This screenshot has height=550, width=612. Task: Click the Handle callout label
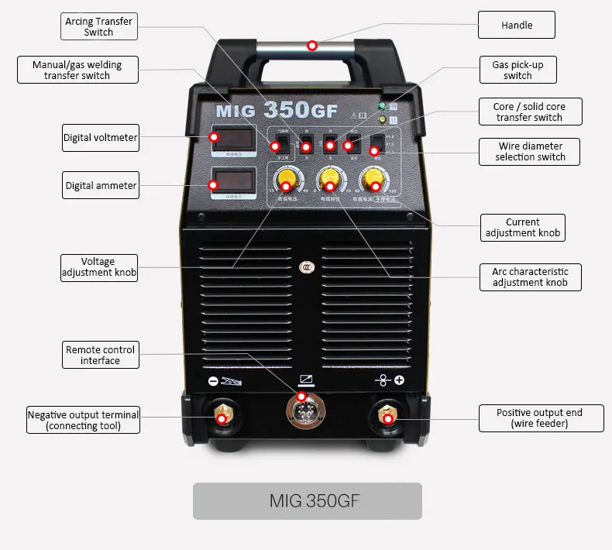(517, 26)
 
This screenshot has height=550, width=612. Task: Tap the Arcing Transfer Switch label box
(99, 27)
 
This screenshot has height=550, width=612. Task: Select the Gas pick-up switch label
(517, 70)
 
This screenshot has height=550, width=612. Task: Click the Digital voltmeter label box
(100, 138)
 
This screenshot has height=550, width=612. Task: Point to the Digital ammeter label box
(101, 186)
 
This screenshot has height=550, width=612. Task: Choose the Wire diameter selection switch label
(531, 151)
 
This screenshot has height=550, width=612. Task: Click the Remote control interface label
(100, 355)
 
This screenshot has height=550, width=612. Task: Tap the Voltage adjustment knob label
(98, 267)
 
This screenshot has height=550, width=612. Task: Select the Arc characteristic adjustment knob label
(530, 277)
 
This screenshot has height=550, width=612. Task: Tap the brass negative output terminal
(222, 415)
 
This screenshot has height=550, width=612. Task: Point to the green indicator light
(381, 106)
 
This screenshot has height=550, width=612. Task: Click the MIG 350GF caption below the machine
(308, 500)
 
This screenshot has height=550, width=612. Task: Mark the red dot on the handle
(311, 46)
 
